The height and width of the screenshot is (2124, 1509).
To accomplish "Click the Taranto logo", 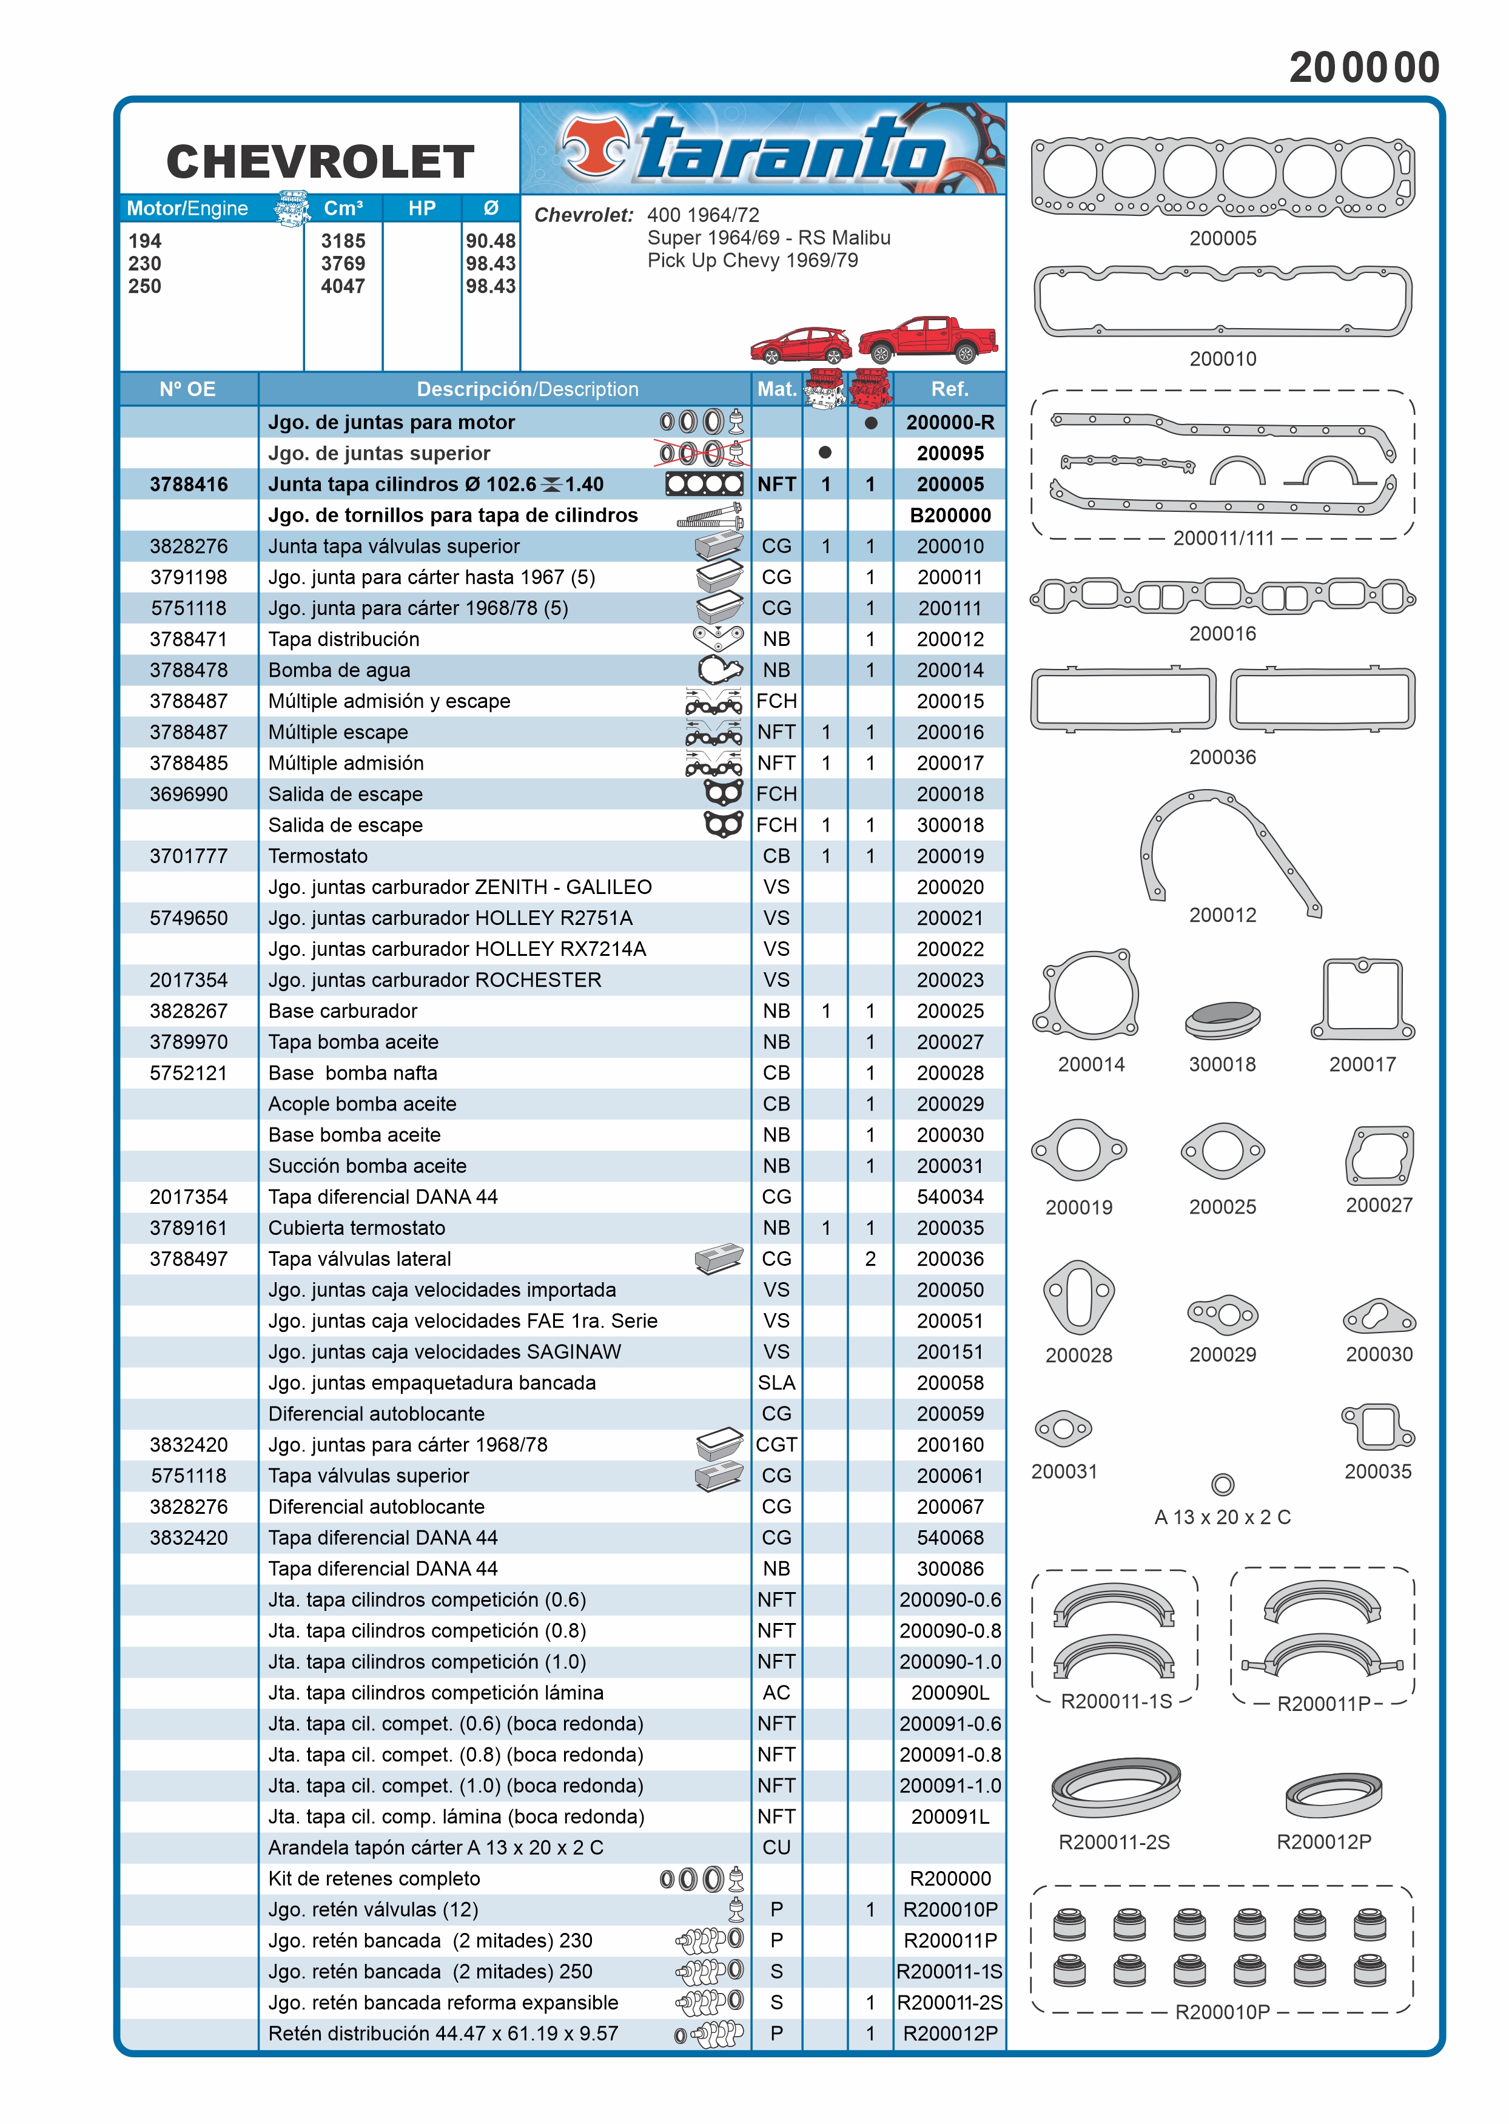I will [x=762, y=149].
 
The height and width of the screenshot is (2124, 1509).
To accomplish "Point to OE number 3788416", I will [x=189, y=484].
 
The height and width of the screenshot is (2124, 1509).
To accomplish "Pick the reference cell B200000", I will [x=950, y=516].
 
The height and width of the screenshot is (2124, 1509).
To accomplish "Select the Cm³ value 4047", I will [x=343, y=286].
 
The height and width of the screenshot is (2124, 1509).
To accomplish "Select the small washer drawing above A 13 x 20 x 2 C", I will [x=1223, y=1485].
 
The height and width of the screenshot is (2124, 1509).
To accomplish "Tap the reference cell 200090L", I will [x=950, y=1693].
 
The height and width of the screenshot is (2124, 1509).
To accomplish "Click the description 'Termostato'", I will [x=318, y=856].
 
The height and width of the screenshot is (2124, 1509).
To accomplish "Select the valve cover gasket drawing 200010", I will [x=1222, y=300].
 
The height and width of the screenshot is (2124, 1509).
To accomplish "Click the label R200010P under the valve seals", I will [x=1222, y=2012].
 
